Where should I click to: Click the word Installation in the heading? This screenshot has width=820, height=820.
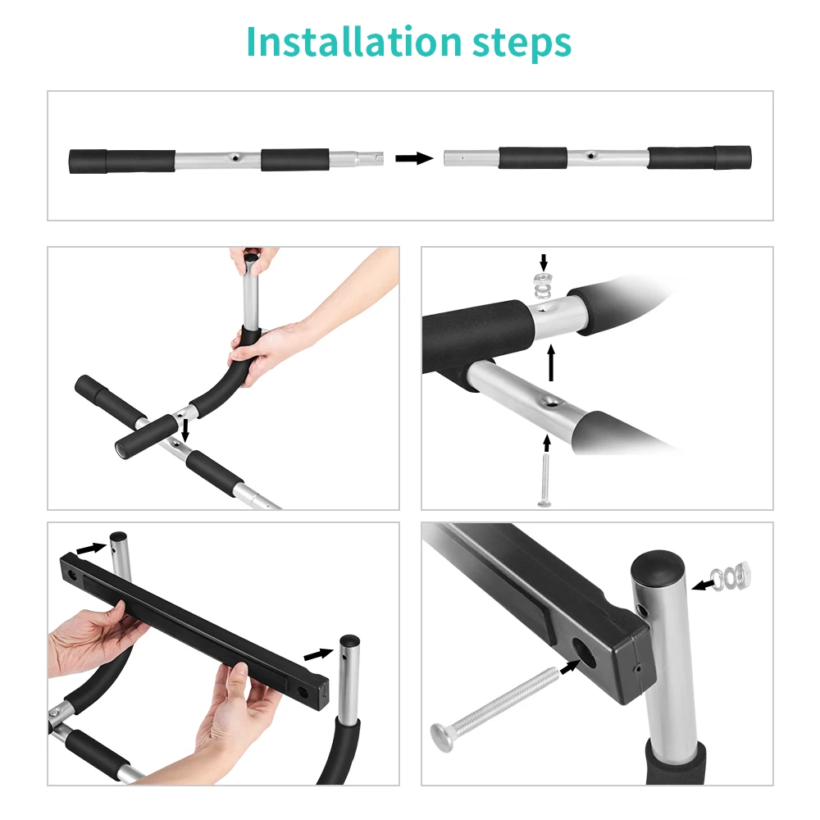pos(354,42)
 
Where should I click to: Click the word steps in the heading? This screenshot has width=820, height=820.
pos(522,43)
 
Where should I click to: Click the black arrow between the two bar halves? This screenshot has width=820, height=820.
pos(414,158)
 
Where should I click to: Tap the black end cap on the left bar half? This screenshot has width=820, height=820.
pos(88,162)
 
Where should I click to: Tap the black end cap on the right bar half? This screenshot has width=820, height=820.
pos(732,157)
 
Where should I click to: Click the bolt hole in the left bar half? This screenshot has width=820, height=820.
pos(236,157)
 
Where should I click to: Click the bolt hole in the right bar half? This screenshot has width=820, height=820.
pos(591,155)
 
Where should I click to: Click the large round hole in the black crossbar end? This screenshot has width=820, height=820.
pos(583,654)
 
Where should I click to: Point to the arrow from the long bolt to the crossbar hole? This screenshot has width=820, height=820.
pos(570,667)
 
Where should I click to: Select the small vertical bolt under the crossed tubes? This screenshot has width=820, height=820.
pos(544,480)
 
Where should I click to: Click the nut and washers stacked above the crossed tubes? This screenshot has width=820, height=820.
pos(544,285)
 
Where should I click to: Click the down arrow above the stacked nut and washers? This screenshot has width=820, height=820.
pos(544,262)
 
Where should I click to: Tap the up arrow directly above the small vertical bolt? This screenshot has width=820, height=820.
pos(547,443)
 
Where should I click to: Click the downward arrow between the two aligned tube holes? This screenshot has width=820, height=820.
pos(184,430)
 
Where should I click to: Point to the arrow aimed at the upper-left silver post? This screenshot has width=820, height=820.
pos(92,549)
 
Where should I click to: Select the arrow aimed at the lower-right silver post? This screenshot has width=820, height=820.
pos(318,654)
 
